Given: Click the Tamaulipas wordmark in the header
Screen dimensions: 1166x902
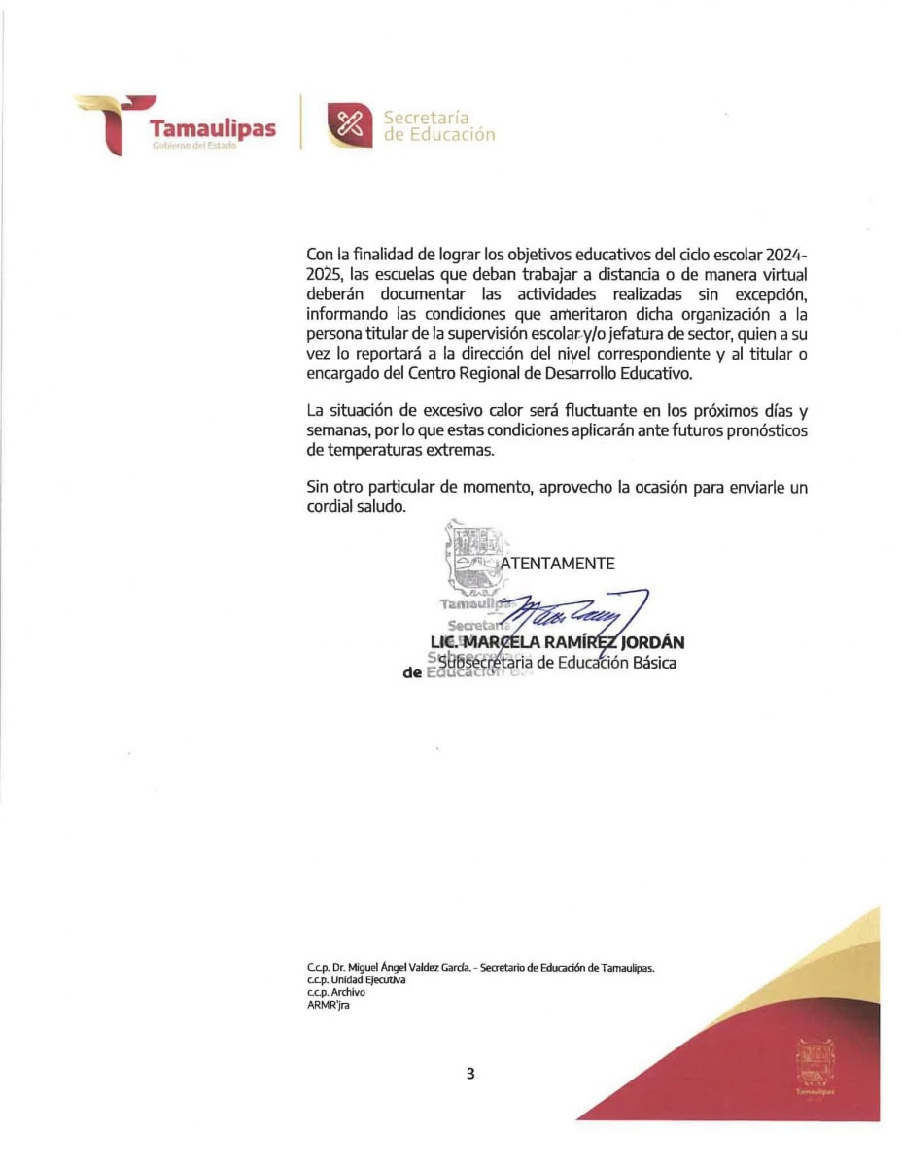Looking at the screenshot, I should [212, 128].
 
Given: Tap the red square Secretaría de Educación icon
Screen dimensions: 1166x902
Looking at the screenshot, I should [347, 124].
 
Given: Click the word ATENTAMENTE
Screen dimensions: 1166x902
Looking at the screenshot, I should [558, 563].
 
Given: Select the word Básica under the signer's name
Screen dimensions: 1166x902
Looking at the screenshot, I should [650, 663].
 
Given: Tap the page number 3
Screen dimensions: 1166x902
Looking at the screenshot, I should [470, 1074].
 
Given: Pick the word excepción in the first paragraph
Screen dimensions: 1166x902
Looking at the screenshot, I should [770, 293].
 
